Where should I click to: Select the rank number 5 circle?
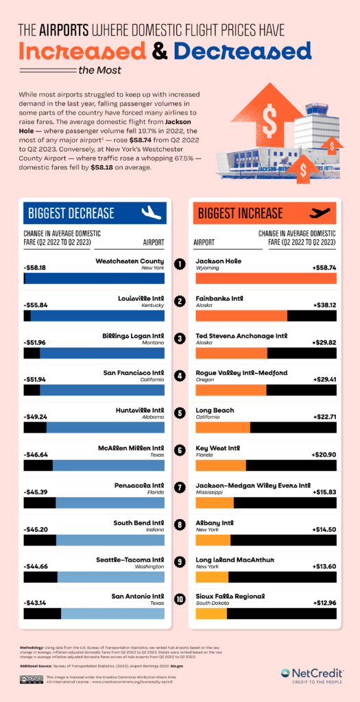tap(180, 413)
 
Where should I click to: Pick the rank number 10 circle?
tap(180, 599)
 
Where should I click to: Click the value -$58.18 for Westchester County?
tap(36, 267)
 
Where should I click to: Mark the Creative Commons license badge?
tap(32, 679)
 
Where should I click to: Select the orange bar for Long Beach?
tap(223, 427)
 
